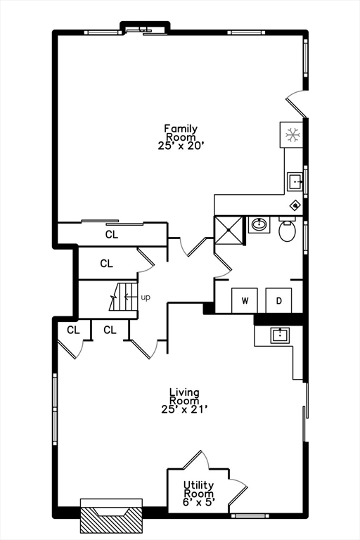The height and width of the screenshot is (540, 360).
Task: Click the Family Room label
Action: coord(181,137)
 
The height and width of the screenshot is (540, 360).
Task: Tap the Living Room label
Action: coord(184,401)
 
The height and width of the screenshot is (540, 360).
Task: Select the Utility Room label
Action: coord(199,494)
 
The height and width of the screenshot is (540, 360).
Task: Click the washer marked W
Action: coord(245,301)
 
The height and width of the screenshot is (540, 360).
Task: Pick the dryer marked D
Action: coord(278,301)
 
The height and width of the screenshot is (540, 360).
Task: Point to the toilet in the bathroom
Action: coord(287,229)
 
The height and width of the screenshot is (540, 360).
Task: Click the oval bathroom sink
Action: coord(259,225)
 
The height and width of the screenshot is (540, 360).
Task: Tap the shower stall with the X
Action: coord(229,230)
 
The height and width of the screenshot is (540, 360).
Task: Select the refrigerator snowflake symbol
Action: coord(293,135)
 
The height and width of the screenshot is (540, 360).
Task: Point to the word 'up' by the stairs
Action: coord(146,297)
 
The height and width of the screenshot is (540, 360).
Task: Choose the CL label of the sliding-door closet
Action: coord(112,235)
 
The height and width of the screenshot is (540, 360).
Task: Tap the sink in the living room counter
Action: coord(280,335)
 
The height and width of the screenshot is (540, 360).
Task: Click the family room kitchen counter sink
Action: coord(295,181)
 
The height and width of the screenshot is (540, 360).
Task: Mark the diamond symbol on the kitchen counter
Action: coord(295,206)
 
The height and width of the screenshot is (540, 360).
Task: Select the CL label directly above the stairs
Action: coord(106,264)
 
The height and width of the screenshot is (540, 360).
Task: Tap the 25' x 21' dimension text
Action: coord(184,409)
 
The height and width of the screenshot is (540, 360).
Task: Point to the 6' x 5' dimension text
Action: coord(199,503)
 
